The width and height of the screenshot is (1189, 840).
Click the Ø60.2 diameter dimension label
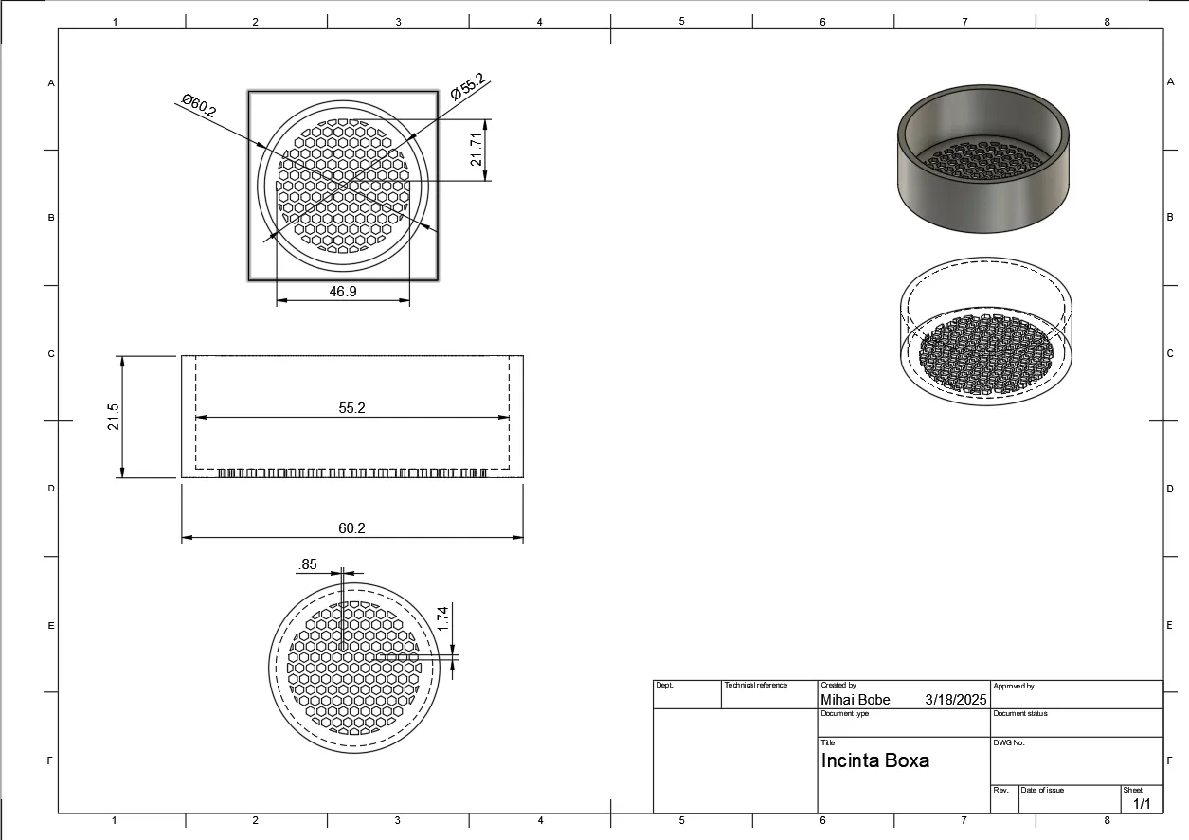tap(199, 105)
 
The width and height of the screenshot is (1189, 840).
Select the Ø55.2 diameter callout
tap(468, 86)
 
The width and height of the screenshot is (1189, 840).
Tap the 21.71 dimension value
tap(477, 149)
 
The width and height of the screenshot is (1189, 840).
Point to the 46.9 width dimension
tap(343, 292)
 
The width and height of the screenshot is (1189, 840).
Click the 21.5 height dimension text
tap(113, 417)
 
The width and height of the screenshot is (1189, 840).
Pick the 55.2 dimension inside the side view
tap(351, 407)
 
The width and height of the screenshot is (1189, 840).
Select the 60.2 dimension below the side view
tap(351, 528)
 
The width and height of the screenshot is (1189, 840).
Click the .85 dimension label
tap(308, 564)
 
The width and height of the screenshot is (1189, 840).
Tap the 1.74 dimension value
tap(442, 618)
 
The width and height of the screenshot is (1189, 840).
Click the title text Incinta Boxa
tap(874, 760)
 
